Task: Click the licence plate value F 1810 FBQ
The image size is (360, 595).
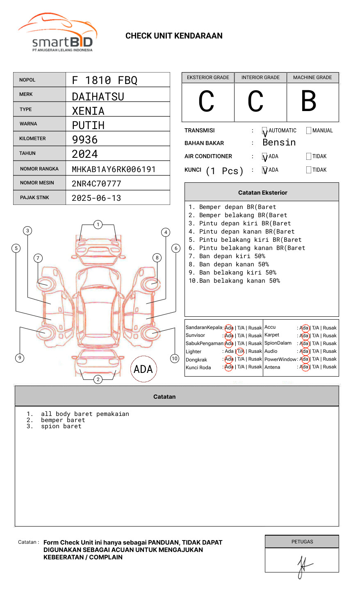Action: pyautogui.click(x=105, y=80)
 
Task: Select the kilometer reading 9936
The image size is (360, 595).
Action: pyautogui.click(x=85, y=140)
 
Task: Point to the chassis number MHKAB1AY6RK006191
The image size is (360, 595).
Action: pyautogui.click(x=114, y=169)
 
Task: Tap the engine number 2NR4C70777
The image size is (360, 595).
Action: pyautogui.click(x=96, y=184)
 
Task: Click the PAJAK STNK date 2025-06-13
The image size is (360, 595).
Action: pyautogui.click(x=96, y=198)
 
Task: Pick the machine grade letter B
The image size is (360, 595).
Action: pyautogui.click(x=309, y=101)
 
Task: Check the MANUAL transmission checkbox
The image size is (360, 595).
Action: pyautogui.click(x=309, y=131)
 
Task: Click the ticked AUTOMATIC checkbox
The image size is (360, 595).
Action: pyautogui.click(x=265, y=131)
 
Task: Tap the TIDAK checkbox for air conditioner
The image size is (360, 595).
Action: pyautogui.click(x=309, y=157)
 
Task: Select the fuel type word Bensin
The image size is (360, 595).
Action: pyautogui.click(x=279, y=143)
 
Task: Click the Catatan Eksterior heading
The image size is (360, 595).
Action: pyautogui.click(x=262, y=193)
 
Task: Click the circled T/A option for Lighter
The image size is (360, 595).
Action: pyautogui.click(x=240, y=351)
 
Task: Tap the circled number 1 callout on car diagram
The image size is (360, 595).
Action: pyautogui.click(x=98, y=225)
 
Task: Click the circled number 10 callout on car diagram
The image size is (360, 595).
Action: pyautogui.click(x=175, y=359)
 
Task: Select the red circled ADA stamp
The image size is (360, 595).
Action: pyautogui.click(x=144, y=369)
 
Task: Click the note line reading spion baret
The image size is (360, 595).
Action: pyautogui.click(x=61, y=427)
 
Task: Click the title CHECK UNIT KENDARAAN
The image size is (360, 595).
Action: pyautogui.click(x=174, y=36)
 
